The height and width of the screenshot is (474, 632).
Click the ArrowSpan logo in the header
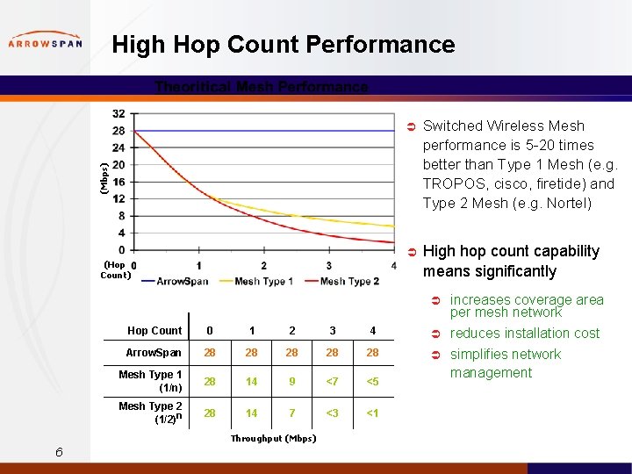click(x=45, y=43)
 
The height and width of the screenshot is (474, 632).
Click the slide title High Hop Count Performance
click(x=284, y=45)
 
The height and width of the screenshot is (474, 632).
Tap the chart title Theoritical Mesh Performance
click(x=262, y=87)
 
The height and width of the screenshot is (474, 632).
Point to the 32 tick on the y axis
click(x=118, y=113)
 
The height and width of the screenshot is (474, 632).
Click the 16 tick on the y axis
click(x=118, y=182)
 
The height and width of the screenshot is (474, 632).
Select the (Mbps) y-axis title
click(x=104, y=177)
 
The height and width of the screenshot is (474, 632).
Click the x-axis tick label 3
click(x=329, y=266)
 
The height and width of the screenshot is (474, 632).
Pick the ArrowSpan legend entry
click(x=183, y=281)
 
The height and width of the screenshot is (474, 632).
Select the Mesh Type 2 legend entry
click(x=349, y=281)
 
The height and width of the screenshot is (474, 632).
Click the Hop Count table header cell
click(x=154, y=331)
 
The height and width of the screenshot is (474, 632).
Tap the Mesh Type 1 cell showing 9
click(x=291, y=382)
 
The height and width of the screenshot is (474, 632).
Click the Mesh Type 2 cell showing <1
click(x=372, y=413)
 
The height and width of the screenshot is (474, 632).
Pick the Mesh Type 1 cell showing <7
click(x=332, y=382)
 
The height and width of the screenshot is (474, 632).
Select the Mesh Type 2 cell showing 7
click(x=291, y=413)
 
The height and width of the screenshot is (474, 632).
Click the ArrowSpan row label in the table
click(x=154, y=353)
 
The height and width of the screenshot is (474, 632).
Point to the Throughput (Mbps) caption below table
click(x=273, y=438)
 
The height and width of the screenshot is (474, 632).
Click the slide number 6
click(x=58, y=452)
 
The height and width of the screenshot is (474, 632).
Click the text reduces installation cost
click(x=524, y=334)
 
